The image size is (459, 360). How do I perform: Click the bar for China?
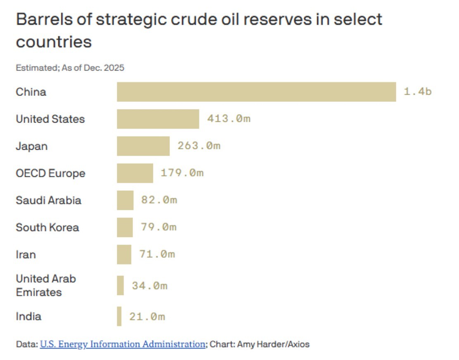tap(256, 92)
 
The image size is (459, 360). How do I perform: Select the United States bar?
tap(158, 119)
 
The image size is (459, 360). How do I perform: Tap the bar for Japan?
tap(143, 146)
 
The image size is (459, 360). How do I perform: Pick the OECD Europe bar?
tap(135, 173)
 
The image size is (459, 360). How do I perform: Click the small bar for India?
tap(119, 316)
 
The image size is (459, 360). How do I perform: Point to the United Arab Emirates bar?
tap(120, 285)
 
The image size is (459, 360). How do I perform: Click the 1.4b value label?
tap(417, 92)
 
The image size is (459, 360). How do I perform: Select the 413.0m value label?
tap(229, 119)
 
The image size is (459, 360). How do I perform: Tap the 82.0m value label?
tap(159, 200)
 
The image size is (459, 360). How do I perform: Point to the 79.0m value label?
tap(158, 227)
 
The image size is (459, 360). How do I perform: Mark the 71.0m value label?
tap(157, 254)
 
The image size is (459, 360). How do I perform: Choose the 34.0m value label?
tap(149, 285)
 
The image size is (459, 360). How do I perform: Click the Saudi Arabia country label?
tap(48, 200)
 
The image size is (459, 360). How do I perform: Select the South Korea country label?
tap(47, 227)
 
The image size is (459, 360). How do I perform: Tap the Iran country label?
tap(26, 254)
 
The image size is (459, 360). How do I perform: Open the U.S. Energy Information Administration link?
tap(122, 344)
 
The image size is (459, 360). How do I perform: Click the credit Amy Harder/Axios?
tap(273, 344)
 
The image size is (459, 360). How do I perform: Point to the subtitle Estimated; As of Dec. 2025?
tap(70, 68)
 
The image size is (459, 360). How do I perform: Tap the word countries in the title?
tap(54, 42)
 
